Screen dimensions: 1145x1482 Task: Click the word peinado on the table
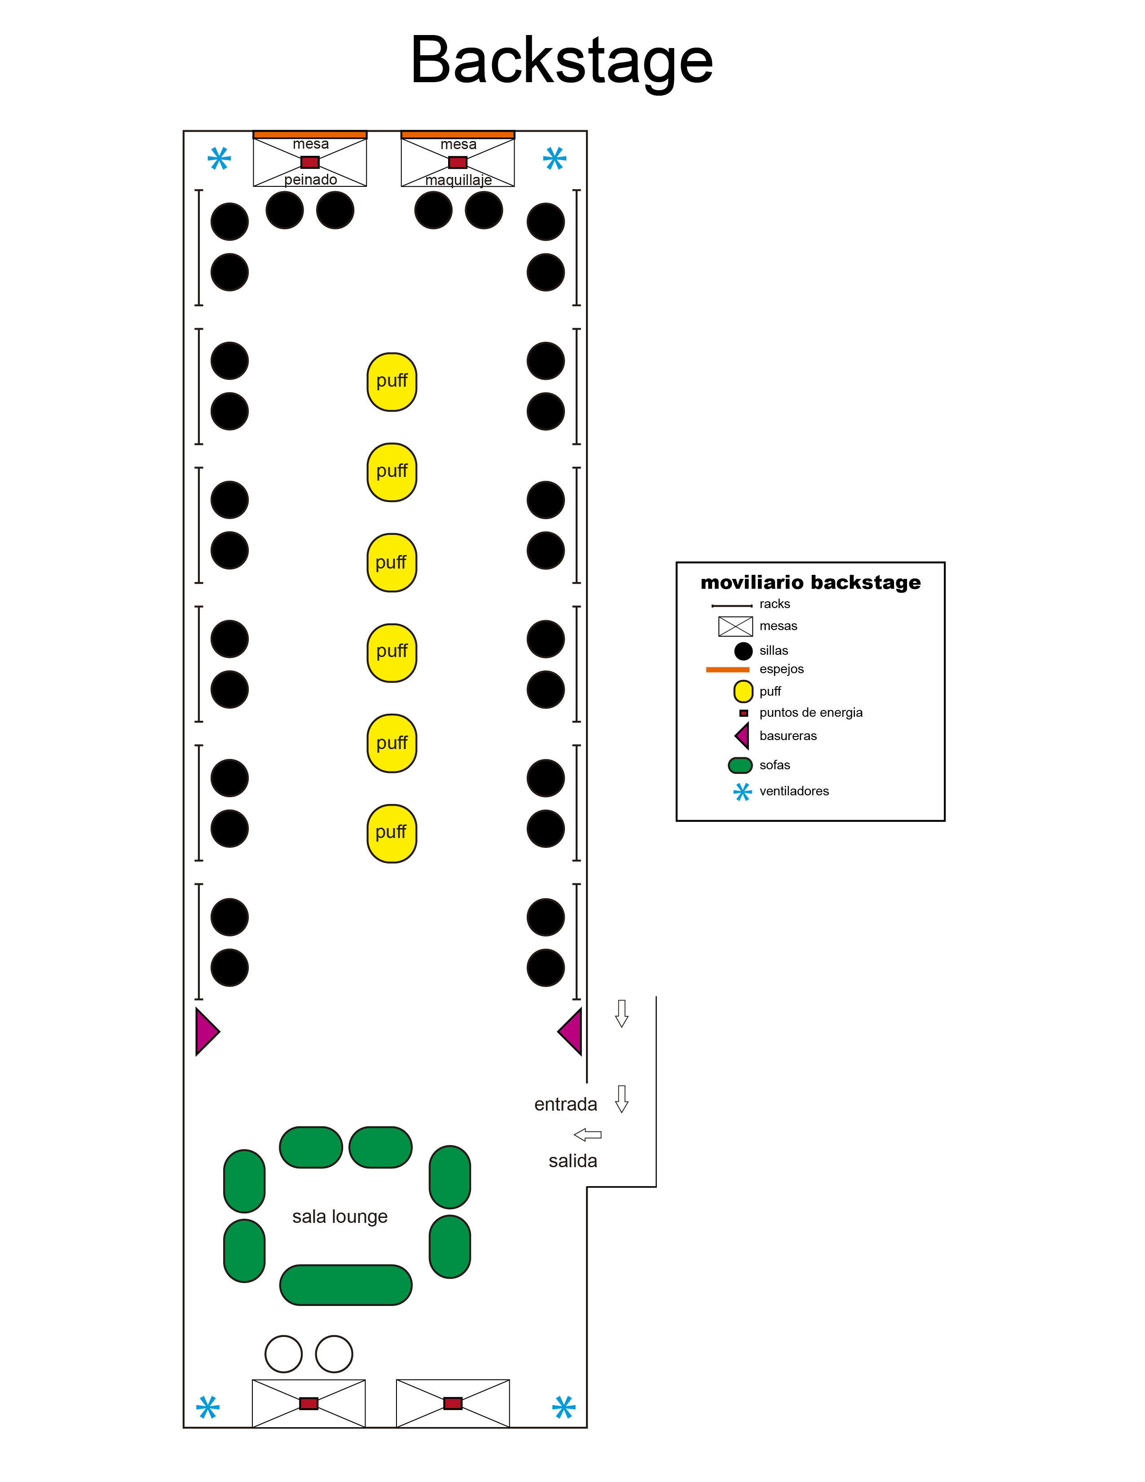(311, 179)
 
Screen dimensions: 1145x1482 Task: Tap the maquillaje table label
(458, 180)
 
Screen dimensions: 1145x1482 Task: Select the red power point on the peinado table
(310, 162)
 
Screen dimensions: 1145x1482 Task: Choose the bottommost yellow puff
(392, 833)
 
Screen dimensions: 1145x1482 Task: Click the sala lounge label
(340, 1217)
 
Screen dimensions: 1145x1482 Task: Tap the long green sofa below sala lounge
(346, 1284)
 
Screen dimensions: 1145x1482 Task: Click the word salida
(573, 1160)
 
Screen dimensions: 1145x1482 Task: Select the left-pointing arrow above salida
(587, 1134)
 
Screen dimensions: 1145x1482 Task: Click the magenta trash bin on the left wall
(207, 1032)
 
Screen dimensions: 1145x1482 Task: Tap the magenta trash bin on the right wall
(570, 1032)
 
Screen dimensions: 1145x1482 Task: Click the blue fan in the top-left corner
(219, 159)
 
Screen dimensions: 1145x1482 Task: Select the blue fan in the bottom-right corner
(564, 1407)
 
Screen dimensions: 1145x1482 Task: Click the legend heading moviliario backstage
(810, 582)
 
